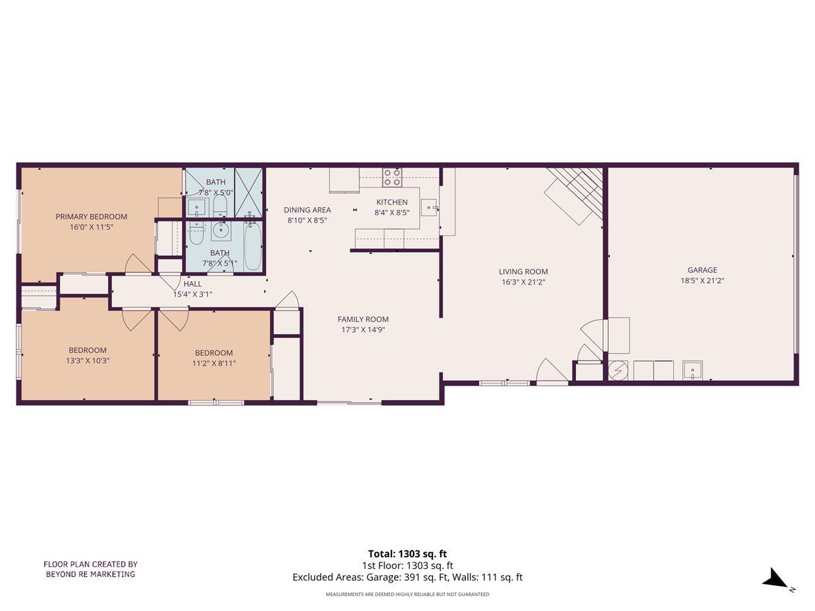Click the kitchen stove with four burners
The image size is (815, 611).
[x=392, y=177]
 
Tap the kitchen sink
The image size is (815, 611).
[x=429, y=206]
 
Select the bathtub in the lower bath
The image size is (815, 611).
[x=252, y=246]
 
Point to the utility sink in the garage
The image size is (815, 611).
[x=692, y=371]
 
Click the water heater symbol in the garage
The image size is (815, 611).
[x=618, y=371]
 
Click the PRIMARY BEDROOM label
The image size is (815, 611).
[x=91, y=217]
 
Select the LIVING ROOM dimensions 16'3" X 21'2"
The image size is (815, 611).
[x=523, y=281]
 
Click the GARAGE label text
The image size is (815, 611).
[x=702, y=270]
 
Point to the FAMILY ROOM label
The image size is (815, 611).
[x=363, y=319]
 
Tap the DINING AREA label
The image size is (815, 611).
[x=307, y=210]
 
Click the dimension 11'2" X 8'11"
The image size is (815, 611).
[x=214, y=363]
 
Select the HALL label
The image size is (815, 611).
[x=192, y=284]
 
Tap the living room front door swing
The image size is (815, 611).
[x=551, y=372]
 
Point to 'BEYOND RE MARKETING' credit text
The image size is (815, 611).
[x=90, y=574]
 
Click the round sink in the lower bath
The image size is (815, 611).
[x=221, y=232]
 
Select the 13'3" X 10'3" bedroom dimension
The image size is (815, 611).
[x=87, y=360]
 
